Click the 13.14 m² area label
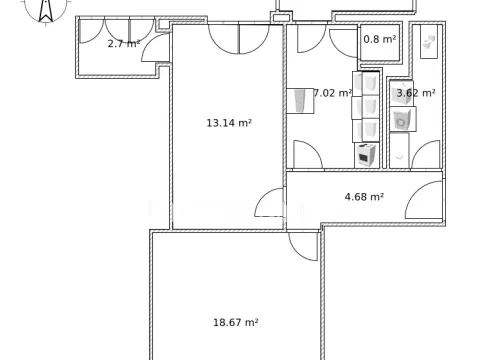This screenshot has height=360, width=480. pos(228,123)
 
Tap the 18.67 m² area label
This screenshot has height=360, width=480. pos(235,322)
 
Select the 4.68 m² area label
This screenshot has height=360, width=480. pos(364,197)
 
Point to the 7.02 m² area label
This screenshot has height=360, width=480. pos(332,93)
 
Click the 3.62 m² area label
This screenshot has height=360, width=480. pos(415,93)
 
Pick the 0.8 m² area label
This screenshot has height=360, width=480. pos(378,39)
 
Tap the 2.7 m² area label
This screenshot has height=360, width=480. pos(123,43)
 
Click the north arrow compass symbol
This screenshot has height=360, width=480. pos(44,11)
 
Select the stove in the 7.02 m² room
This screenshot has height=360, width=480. pos(366,155)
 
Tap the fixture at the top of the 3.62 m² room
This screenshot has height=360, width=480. pos(429,42)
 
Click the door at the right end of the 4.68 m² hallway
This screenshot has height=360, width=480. pos(421,203)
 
